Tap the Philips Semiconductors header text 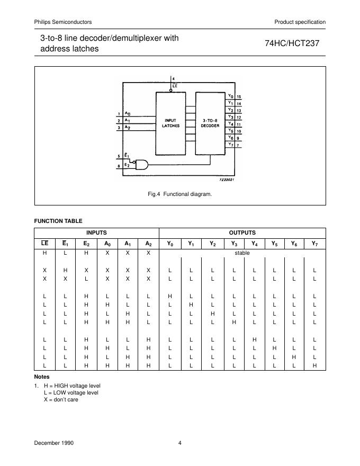point(63,22)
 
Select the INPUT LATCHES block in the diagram point(171,123)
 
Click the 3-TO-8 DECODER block point(211,123)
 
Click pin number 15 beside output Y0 point(239,97)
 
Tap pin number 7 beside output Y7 point(238,145)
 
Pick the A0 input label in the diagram point(128,114)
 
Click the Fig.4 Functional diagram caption point(180,194)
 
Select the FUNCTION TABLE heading point(58,221)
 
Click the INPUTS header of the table point(97,232)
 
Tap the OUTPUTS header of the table point(242,232)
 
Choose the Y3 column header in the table point(233,244)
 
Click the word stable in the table point(242,253)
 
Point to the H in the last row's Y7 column point(314,365)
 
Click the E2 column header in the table point(86,244)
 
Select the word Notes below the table point(42,377)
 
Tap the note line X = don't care point(61,399)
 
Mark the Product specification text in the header point(300,22)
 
